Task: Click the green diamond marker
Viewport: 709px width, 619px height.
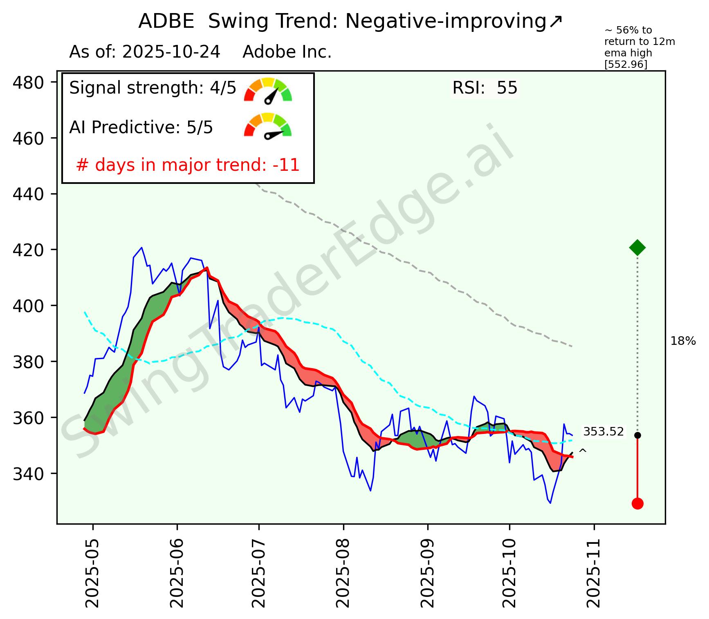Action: pos(637,247)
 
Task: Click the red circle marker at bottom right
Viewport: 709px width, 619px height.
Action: pos(637,503)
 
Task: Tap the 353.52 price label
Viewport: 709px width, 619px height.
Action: pos(603,431)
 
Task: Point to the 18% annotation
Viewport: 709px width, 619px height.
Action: pos(683,341)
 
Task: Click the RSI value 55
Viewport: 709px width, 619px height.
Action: pos(507,88)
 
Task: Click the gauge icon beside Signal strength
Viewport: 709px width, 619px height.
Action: pos(268,90)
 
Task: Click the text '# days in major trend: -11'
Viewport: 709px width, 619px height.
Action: pos(188,165)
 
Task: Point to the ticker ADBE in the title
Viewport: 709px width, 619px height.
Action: pos(166,21)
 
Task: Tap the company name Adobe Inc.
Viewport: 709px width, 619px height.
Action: pos(287,52)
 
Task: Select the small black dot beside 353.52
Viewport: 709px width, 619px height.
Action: pos(637,435)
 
